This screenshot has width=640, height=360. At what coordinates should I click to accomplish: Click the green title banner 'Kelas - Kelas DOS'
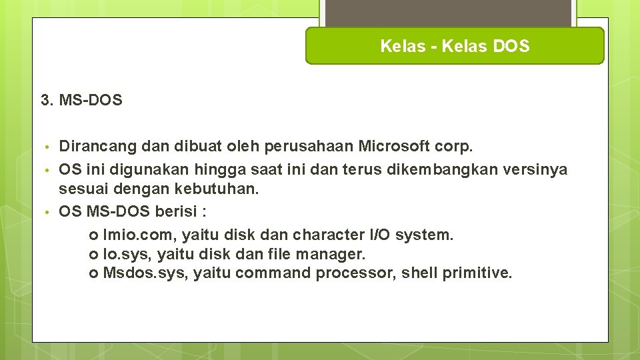point(455,46)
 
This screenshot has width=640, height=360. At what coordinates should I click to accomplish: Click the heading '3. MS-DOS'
point(81,101)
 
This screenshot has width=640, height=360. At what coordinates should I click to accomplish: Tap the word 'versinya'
point(537,169)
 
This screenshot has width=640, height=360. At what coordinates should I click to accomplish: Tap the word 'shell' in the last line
point(419,273)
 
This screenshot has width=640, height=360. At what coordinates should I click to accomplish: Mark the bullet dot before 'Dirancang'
point(45,146)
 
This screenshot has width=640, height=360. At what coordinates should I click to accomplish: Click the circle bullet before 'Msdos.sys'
point(93,273)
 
